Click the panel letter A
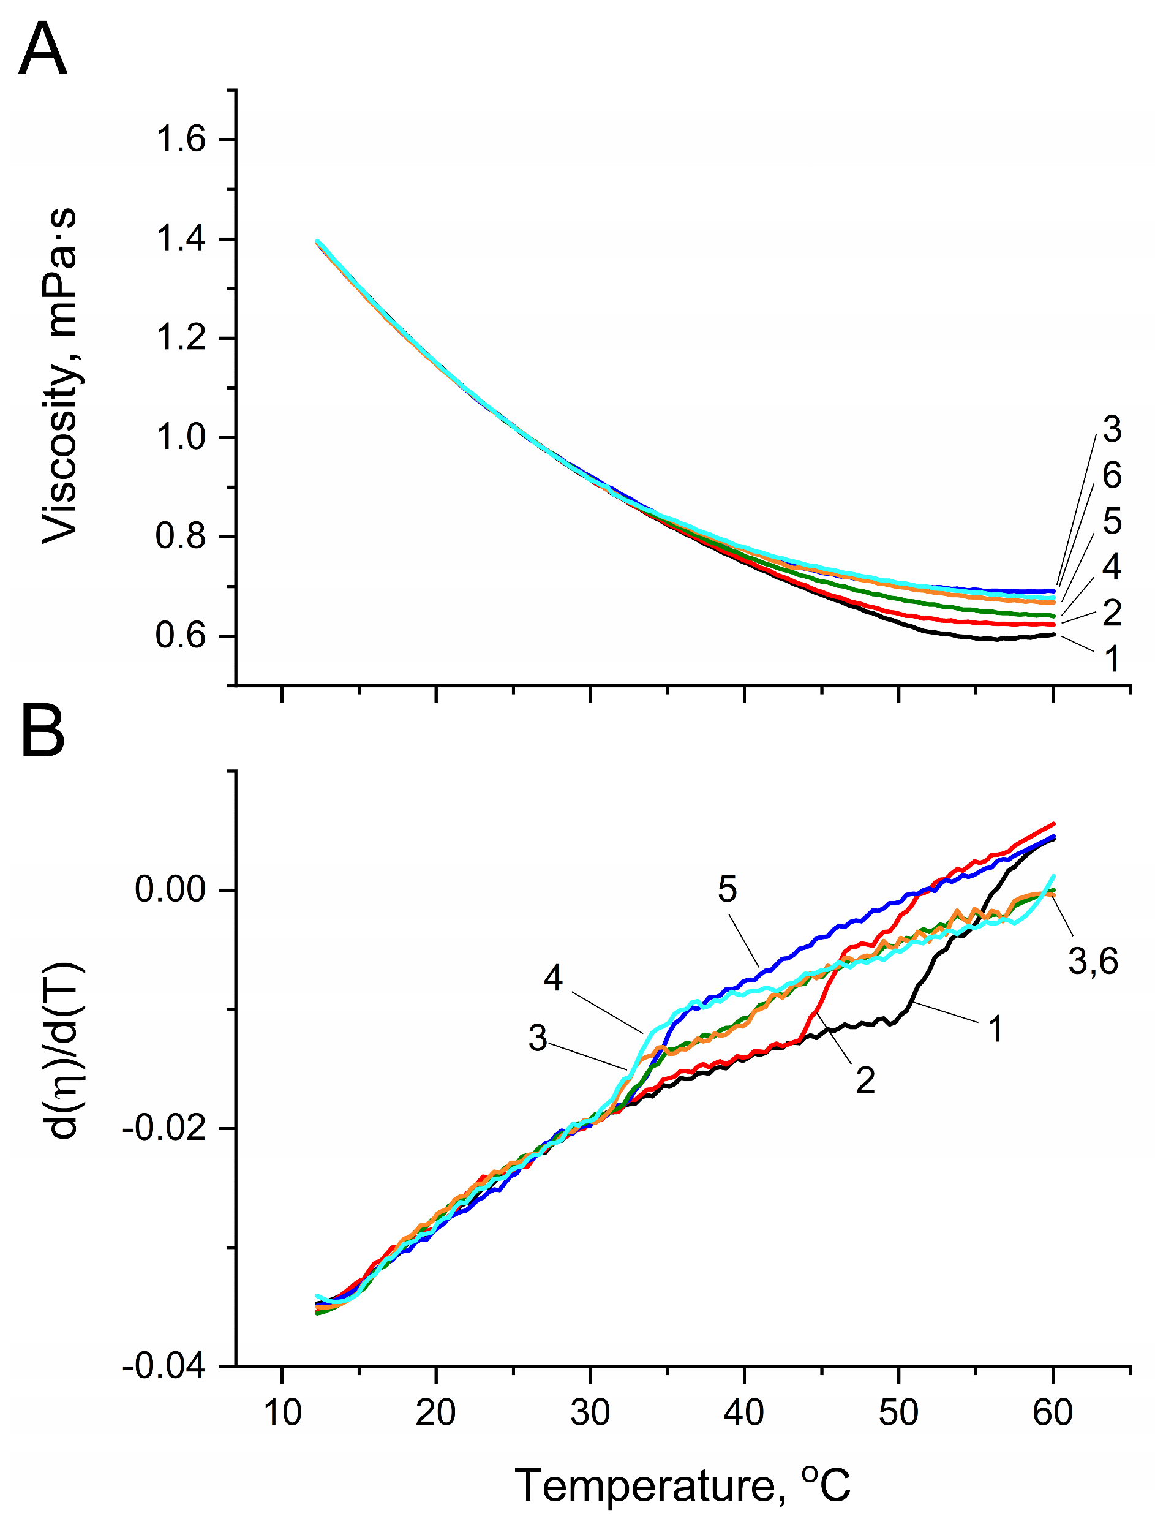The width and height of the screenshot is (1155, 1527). pyautogui.click(x=43, y=50)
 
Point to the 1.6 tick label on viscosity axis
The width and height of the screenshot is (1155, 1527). pyautogui.click(x=181, y=140)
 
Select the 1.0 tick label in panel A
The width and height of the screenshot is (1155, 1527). pyautogui.click(x=181, y=438)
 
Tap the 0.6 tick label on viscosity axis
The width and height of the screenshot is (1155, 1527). pyautogui.click(x=181, y=636)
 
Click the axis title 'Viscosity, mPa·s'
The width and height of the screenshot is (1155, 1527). pyautogui.click(x=61, y=376)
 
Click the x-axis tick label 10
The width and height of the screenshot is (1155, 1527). pyautogui.click(x=282, y=1412)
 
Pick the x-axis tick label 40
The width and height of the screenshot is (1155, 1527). pyautogui.click(x=744, y=1412)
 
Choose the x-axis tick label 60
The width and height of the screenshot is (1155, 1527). pyautogui.click(x=1053, y=1412)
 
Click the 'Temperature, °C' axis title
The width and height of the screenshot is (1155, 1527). pyautogui.click(x=682, y=1485)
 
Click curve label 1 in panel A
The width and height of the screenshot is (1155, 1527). pyautogui.click(x=1112, y=658)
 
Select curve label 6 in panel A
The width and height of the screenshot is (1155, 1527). pyautogui.click(x=1112, y=476)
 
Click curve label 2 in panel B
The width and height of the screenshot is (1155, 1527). pyautogui.click(x=865, y=1080)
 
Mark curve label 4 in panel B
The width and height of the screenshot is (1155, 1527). pyautogui.click(x=553, y=978)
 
